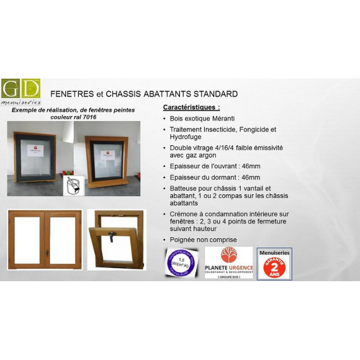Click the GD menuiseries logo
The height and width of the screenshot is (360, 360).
tap(21, 91)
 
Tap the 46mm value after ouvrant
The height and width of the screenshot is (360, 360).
tap(250, 166)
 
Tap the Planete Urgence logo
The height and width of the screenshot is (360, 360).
tap(228, 263)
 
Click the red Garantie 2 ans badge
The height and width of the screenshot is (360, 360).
tap(274, 264)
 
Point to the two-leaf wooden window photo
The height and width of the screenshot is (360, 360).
tap(45, 240)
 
